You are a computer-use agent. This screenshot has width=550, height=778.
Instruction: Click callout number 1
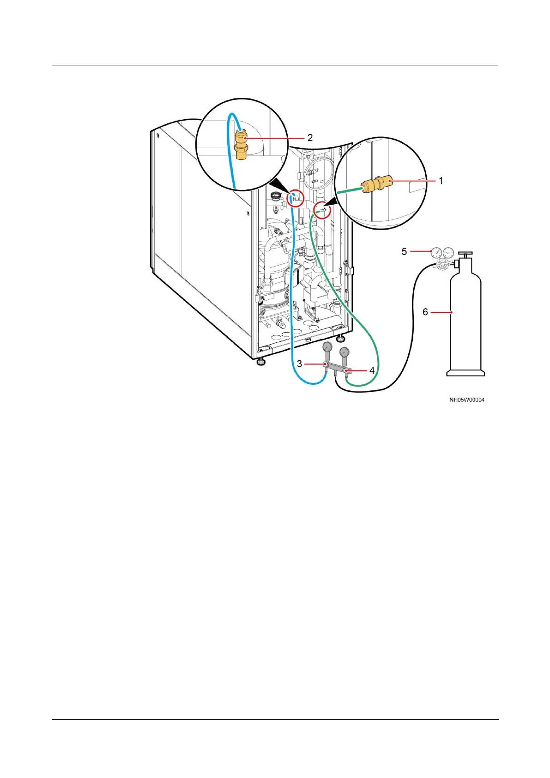coord(441,181)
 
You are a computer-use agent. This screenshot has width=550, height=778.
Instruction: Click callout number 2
coord(310,138)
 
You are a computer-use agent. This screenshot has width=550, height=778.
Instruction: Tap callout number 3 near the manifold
coord(300,364)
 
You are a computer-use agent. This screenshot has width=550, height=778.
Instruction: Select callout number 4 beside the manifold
coord(372,370)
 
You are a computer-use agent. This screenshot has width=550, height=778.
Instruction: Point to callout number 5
coord(404,251)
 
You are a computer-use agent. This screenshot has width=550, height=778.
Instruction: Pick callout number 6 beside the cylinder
coord(425,312)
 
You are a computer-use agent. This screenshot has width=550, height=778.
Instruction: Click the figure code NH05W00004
coord(467,400)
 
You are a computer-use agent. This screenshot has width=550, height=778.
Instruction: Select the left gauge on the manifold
coord(327,347)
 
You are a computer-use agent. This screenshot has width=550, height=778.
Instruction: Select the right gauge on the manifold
coord(345,353)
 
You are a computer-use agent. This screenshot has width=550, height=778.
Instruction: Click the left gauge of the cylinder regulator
coord(435,253)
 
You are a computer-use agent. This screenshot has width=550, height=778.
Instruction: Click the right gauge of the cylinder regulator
coord(448,253)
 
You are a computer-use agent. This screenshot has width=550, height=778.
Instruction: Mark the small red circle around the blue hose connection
coord(296,199)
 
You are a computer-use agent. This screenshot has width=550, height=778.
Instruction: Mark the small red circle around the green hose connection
coord(323,211)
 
